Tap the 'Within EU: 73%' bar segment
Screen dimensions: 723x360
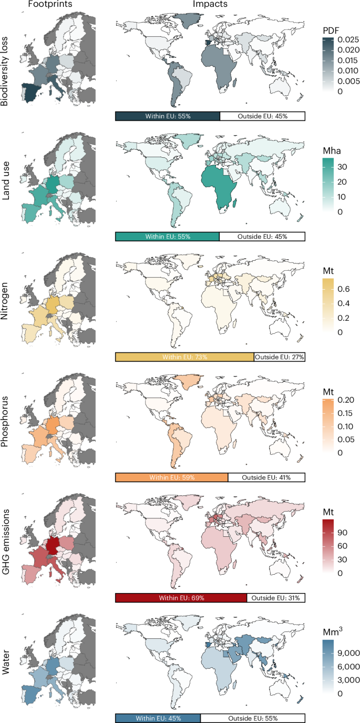pos(184,357)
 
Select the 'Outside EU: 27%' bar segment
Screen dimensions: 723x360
pos(279,357)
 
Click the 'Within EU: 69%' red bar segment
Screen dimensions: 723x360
pos(180,598)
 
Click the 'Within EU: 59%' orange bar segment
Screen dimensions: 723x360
pos(171,477)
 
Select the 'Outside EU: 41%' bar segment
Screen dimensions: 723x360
pos(266,477)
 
